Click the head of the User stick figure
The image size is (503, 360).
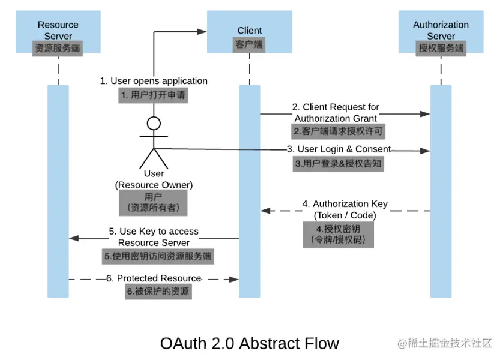click(x=154, y=124)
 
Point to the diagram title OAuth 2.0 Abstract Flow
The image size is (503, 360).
click(x=249, y=343)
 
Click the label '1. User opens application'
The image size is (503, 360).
click(x=154, y=81)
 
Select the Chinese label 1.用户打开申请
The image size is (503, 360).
click(x=153, y=95)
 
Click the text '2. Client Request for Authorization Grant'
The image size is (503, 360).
click(x=336, y=113)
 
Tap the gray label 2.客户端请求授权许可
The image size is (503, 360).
click(x=337, y=131)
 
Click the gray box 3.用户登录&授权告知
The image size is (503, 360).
click(x=338, y=163)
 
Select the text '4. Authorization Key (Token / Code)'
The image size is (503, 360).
click(x=345, y=209)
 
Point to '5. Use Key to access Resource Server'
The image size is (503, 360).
click(x=154, y=237)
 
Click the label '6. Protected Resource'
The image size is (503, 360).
click(x=154, y=278)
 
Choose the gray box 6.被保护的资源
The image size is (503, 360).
click(x=158, y=292)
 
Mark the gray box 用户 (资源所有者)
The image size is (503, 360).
click(x=153, y=203)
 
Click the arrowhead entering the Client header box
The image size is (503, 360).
click(x=203, y=31)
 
